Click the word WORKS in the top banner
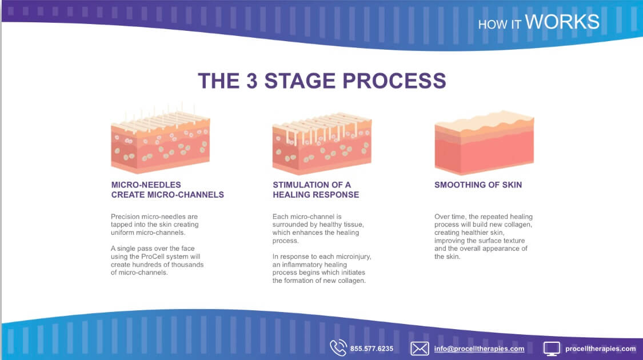coord(562,22)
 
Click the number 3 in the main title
coord(252,81)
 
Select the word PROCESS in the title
coord(394,81)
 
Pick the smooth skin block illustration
coord(484,142)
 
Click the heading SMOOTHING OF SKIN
coord(478,185)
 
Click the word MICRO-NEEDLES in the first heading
coord(146,185)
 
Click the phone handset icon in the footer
coord(338,348)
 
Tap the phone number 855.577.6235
coord(372,349)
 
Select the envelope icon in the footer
coord(420,349)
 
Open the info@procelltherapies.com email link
coord(479,349)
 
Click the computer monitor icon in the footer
coord(552,349)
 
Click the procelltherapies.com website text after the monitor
coord(600,349)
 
